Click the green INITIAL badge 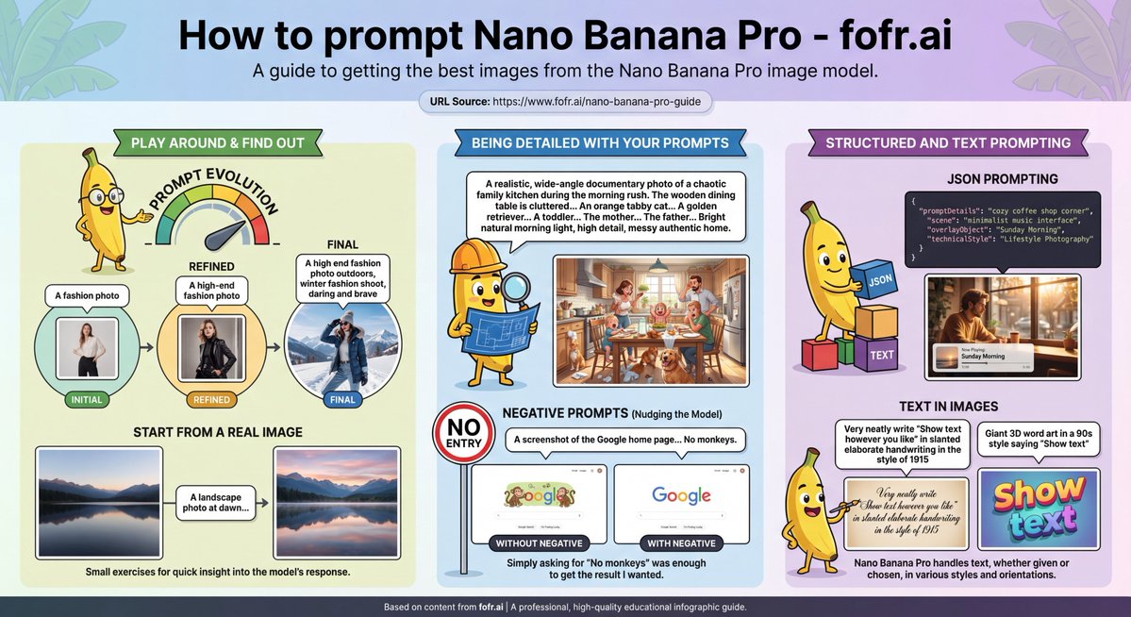[88, 399]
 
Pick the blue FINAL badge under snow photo [342, 399]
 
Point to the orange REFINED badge [211, 399]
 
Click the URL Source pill [565, 101]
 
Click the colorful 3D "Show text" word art [1040, 507]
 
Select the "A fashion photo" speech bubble [87, 295]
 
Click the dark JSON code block [1004, 228]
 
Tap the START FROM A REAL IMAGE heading [218, 432]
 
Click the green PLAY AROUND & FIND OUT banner [217, 143]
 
